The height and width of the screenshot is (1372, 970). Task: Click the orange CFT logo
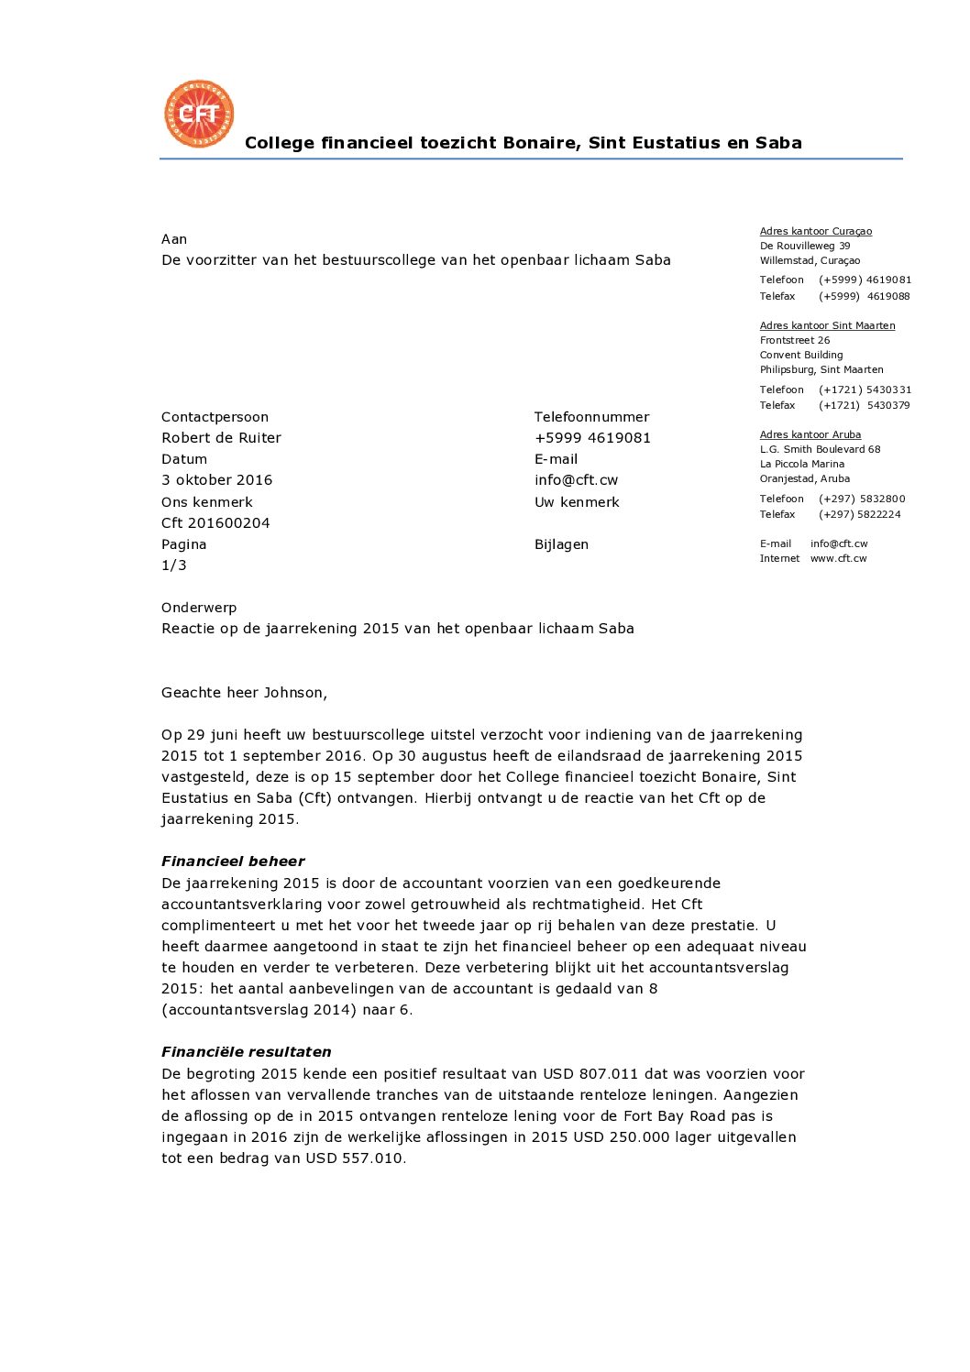point(199,115)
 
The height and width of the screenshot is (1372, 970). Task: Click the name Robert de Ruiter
point(221,438)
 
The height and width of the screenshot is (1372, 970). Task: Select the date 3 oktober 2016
point(216,480)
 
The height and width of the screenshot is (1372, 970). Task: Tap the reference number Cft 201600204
point(215,523)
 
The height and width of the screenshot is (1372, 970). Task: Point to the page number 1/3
point(174,565)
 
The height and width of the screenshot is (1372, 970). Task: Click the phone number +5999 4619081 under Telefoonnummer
point(592,438)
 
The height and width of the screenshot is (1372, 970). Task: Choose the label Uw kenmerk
point(577,502)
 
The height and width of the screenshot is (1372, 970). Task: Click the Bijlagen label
point(561,544)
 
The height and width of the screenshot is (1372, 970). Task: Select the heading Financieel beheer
point(233,862)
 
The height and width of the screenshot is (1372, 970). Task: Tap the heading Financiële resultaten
point(246,1052)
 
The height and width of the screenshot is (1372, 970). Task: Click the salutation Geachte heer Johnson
point(244,693)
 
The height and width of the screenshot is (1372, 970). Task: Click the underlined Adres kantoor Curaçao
point(815,232)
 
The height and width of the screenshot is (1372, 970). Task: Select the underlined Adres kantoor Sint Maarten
point(827,325)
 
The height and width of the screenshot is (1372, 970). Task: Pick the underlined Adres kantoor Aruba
point(810,434)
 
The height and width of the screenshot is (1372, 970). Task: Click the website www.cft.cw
point(838,558)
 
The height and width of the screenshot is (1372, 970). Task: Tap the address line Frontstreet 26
point(794,340)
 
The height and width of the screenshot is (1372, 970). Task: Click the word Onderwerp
point(199,608)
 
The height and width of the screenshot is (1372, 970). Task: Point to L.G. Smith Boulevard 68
point(820,449)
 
